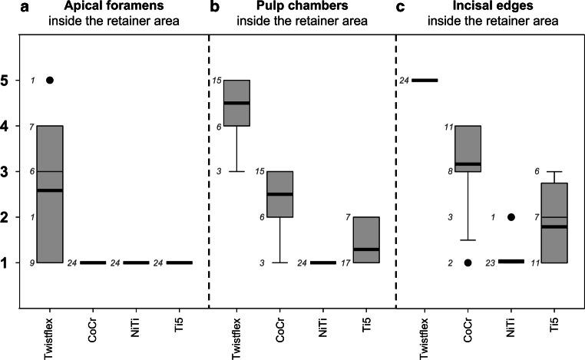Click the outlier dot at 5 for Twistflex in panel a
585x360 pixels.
[x=51, y=80]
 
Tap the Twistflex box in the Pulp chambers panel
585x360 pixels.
[x=236, y=103]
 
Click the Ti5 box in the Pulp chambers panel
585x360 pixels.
[x=365, y=239]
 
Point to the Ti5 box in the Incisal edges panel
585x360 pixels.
[x=554, y=223]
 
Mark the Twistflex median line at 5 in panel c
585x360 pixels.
[x=422, y=80]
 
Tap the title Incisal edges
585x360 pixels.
[x=486, y=8]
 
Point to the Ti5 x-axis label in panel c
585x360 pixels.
[x=554, y=336]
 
